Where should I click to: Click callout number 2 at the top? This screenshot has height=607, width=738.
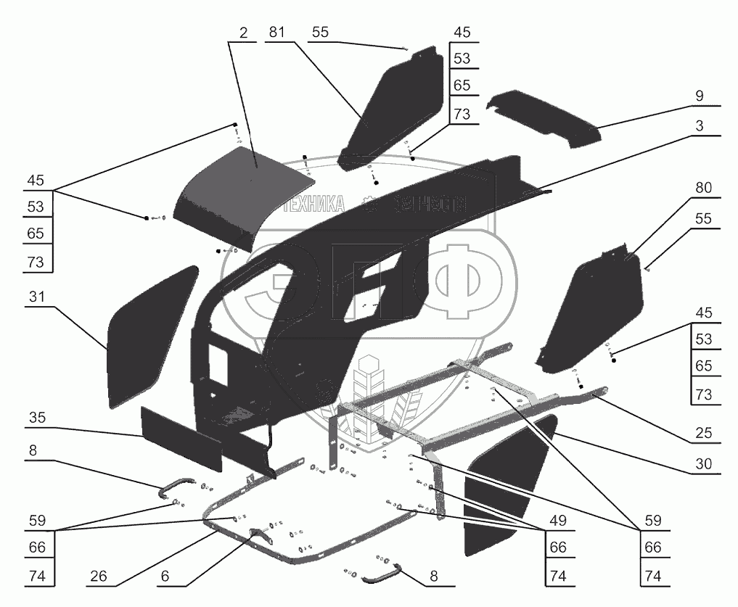[x=242, y=33]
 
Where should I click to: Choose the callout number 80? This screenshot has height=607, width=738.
[x=702, y=188]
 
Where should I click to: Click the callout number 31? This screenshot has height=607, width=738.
[x=38, y=297]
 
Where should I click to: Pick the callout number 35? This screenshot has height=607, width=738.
[x=38, y=418]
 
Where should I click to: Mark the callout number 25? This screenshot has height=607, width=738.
[x=702, y=433]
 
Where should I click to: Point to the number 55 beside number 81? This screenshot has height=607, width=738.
[x=321, y=33]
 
